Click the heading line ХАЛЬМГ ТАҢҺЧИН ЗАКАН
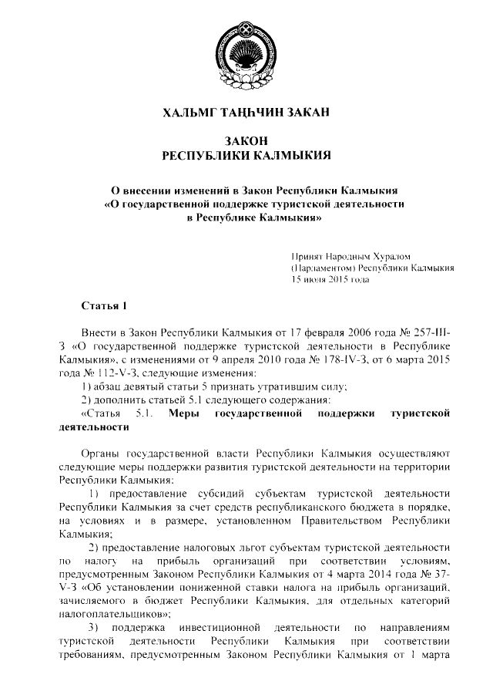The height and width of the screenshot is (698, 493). (246, 114)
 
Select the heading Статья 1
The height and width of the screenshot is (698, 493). (103, 305)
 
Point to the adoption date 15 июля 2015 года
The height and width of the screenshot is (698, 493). (330, 280)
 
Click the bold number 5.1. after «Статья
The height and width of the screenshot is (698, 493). (146, 414)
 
